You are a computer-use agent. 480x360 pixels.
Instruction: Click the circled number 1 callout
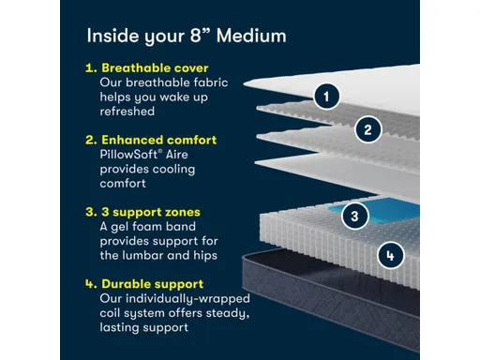[326, 97]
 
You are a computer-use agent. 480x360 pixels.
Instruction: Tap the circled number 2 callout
[368, 130]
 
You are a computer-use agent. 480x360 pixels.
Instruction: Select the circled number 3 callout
[352, 216]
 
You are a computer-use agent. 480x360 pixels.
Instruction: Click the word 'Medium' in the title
[249, 37]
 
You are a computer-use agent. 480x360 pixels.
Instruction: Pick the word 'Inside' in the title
[110, 37]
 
